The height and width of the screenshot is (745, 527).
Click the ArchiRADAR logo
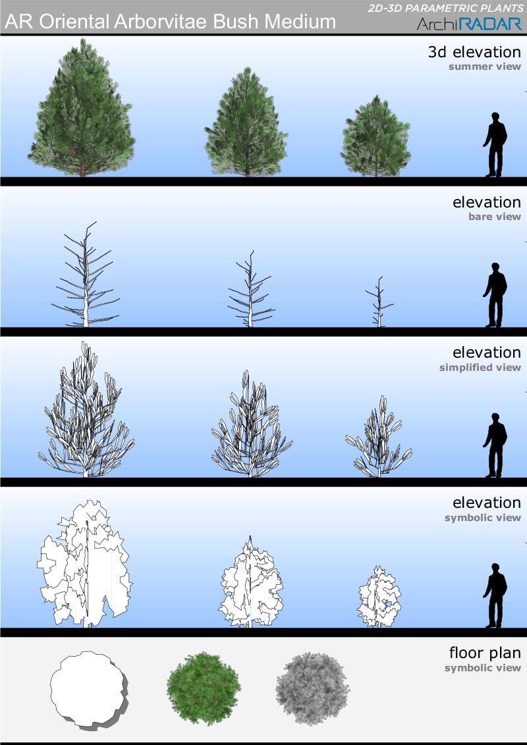tap(469, 24)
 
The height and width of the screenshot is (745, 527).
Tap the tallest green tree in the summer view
tap(82, 108)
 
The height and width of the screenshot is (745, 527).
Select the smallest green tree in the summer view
tap(376, 136)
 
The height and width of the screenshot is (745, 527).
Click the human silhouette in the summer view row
tap(495, 144)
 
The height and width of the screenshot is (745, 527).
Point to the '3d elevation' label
tap(474, 52)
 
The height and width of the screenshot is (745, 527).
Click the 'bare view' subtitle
tap(495, 217)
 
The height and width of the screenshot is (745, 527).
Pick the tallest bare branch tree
tap(86, 274)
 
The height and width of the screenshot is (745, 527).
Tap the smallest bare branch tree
tap(379, 302)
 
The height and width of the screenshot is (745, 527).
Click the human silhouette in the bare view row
tap(495, 295)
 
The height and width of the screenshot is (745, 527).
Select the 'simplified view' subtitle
tap(480, 368)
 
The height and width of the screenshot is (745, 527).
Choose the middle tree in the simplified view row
tap(251, 424)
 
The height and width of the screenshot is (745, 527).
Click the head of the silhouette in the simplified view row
tap(495, 418)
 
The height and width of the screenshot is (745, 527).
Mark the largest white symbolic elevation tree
tap(84, 563)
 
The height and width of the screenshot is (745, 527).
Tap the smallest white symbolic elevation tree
tap(379, 597)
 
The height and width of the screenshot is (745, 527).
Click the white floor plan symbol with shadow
tap(89, 689)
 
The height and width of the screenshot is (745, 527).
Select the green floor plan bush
tap(204, 688)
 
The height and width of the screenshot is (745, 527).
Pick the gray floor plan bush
tap(312, 688)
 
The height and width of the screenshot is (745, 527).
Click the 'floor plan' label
tap(485, 653)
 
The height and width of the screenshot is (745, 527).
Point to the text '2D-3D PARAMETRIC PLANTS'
tap(446, 8)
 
